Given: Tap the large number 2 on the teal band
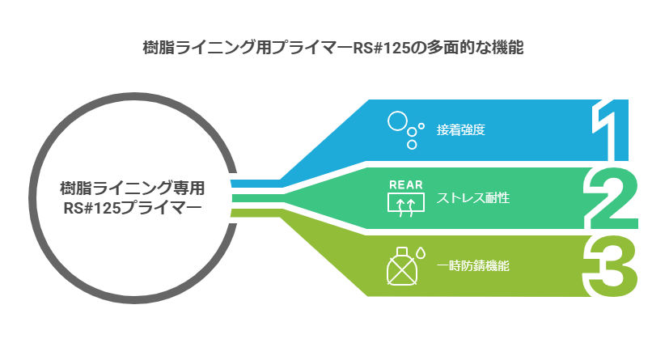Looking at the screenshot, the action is click(611, 198).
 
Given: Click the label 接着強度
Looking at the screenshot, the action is click(461, 129).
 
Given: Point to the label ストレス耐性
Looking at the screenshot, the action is click(472, 198).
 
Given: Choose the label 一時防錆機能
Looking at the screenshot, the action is click(472, 265).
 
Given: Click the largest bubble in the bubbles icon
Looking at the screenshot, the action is click(397, 121).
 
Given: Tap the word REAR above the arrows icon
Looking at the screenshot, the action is click(406, 185).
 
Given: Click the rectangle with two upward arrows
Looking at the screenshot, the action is click(406, 202).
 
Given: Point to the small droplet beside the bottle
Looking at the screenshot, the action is click(421, 253).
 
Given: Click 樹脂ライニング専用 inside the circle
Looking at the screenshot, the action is click(133, 188).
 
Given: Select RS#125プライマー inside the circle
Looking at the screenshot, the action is click(133, 208).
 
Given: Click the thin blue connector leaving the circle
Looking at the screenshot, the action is click(256, 184).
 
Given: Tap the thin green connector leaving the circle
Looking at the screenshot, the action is click(256, 213).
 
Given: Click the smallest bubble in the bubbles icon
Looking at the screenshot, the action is click(421, 126).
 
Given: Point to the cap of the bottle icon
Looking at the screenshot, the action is click(401, 252).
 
